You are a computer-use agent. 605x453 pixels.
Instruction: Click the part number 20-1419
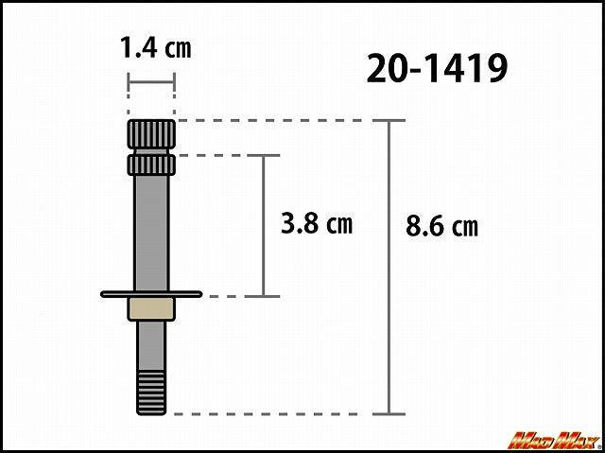[x=437, y=68]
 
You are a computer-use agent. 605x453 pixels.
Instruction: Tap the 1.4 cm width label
[x=155, y=47]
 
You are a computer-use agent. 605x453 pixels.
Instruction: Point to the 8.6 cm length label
[x=441, y=226]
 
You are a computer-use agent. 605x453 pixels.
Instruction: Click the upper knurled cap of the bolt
[x=151, y=134]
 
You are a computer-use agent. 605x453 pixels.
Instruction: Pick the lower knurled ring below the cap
[x=151, y=165]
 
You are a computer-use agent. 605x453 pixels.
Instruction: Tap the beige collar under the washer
[x=151, y=309]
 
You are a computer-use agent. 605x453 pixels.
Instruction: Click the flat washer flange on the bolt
[x=151, y=294]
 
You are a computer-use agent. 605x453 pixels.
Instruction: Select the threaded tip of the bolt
[x=151, y=392]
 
